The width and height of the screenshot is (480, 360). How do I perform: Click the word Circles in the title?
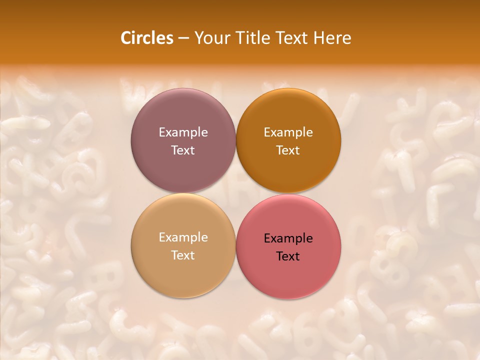(x=146, y=38)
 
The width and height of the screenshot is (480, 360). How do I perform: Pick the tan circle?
(x=183, y=246)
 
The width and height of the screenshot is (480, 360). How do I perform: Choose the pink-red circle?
(x=288, y=246)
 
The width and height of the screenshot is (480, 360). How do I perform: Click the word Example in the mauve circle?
(x=183, y=132)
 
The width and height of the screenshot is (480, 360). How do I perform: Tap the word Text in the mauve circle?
(x=183, y=150)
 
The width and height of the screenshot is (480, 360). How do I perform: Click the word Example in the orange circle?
(x=288, y=132)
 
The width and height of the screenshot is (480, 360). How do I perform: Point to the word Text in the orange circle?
(x=288, y=150)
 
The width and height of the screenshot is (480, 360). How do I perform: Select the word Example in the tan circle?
(x=183, y=237)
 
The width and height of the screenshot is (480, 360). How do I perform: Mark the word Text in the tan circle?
(x=183, y=255)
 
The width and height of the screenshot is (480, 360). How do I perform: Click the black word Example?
(x=288, y=238)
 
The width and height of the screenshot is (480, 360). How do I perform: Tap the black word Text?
(x=288, y=256)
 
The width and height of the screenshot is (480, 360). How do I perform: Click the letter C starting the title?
(x=126, y=38)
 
